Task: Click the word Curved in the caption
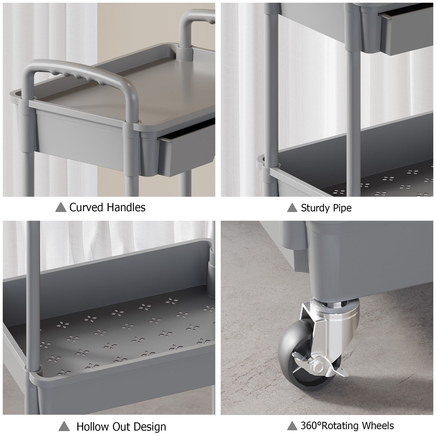click(86, 207)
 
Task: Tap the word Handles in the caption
click(126, 207)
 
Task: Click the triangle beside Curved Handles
click(61, 208)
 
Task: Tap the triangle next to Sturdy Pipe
click(292, 208)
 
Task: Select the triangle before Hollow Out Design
click(64, 427)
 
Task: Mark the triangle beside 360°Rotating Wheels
click(292, 426)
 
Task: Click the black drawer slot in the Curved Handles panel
click(188, 129)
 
